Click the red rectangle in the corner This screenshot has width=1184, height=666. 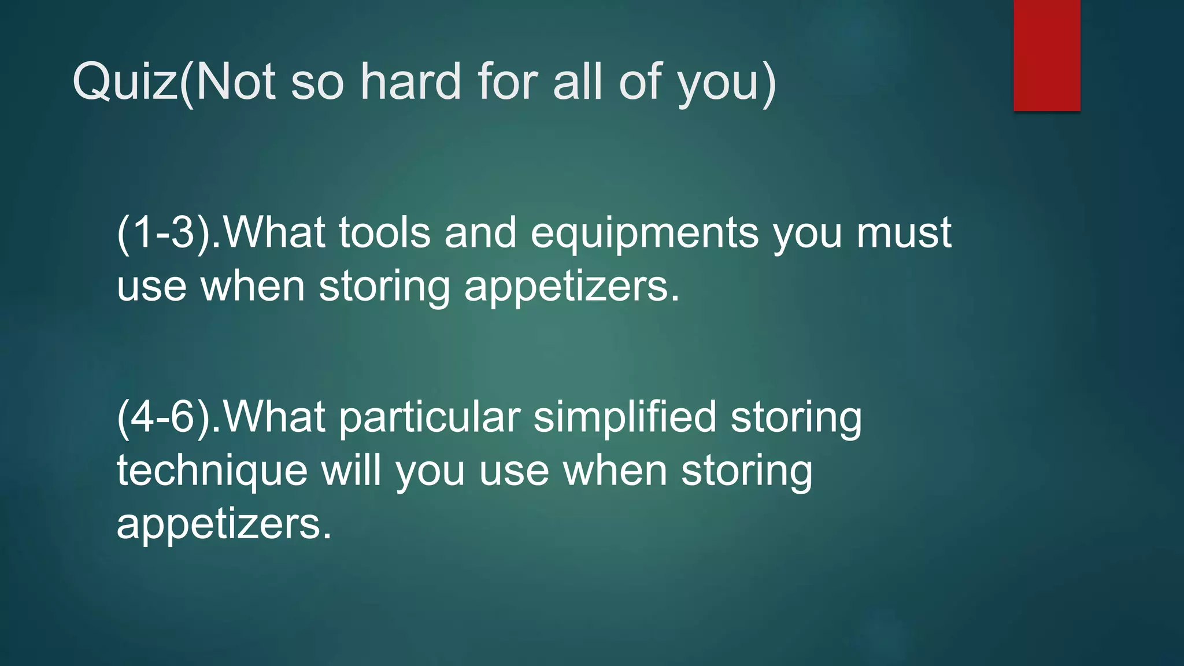(x=1046, y=55)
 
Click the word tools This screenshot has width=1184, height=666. (x=384, y=232)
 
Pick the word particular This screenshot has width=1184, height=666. (x=429, y=418)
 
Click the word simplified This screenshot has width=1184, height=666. (x=624, y=418)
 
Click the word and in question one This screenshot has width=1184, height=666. (x=480, y=232)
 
